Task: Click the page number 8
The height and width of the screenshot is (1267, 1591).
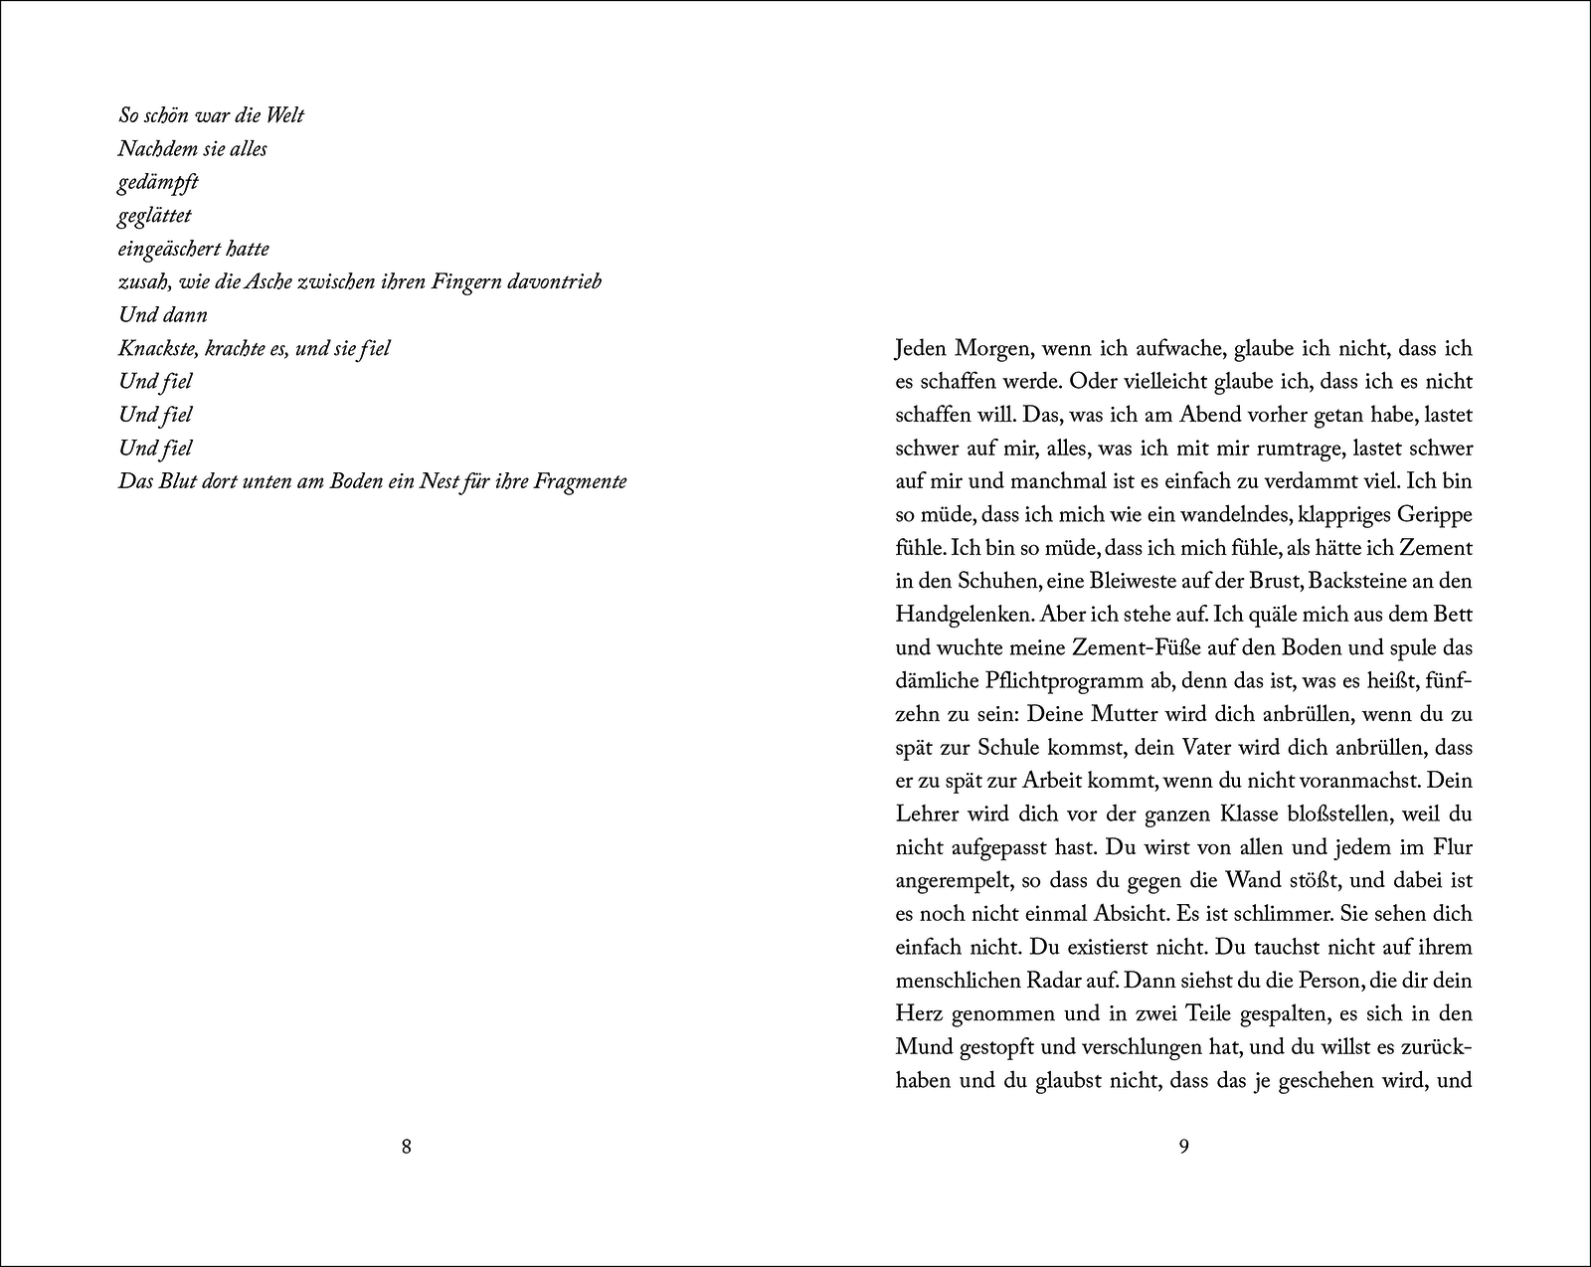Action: coord(406,1147)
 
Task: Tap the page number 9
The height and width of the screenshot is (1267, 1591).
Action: coord(1183,1147)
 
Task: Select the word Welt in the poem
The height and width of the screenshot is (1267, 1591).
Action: coord(285,115)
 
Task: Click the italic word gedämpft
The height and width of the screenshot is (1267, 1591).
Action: coord(158,183)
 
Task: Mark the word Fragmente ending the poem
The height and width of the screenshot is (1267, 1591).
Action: coord(580,481)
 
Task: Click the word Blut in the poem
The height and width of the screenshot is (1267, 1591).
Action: coord(181,481)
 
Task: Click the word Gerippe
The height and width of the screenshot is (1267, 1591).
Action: coord(1435,515)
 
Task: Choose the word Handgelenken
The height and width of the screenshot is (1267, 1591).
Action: coord(964,615)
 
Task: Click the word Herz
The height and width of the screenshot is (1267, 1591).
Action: coord(919,1014)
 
